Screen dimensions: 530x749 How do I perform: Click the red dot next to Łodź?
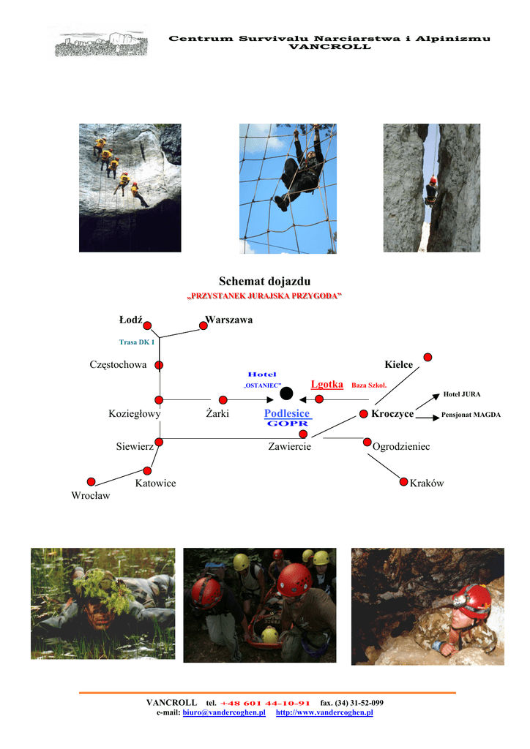click(x=148, y=325)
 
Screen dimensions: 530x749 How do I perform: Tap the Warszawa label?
click(x=229, y=320)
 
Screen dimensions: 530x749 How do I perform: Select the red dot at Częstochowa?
click(x=159, y=365)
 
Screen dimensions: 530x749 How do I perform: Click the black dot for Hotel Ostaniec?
click(x=286, y=394)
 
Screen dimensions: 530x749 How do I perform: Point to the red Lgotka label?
click(x=326, y=385)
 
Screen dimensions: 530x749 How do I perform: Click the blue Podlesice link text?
click(x=287, y=414)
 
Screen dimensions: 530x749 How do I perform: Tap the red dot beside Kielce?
click(x=428, y=357)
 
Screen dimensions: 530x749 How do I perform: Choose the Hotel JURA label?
click(x=462, y=394)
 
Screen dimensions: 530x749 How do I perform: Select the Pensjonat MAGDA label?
click(x=471, y=415)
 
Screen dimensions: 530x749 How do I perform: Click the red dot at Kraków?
click(x=403, y=481)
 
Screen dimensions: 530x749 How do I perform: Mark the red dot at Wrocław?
click(x=91, y=481)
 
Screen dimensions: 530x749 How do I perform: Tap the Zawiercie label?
click(x=290, y=446)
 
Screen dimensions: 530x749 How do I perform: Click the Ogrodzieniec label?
click(x=401, y=446)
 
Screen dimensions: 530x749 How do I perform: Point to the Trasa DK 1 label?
click(x=137, y=342)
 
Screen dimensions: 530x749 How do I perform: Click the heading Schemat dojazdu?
click(x=264, y=282)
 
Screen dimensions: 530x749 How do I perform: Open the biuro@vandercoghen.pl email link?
click(x=223, y=712)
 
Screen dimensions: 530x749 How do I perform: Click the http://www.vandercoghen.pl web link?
click(x=324, y=712)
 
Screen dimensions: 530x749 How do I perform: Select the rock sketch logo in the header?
click(x=98, y=42)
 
